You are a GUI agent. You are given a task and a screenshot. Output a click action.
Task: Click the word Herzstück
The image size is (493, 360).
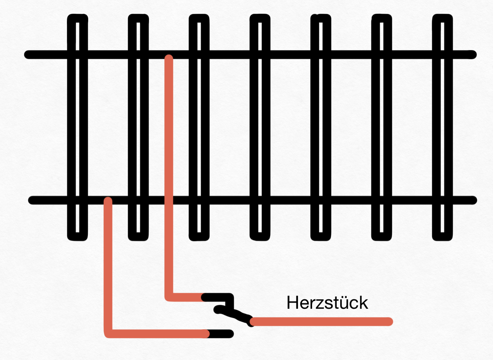coord(327,303)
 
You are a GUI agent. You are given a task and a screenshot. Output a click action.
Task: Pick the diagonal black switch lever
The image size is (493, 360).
coord(234,314)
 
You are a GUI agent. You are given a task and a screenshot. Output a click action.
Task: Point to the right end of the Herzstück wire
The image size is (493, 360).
coord(389,322)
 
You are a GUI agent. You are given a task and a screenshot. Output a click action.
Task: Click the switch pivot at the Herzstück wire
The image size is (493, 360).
coord(251,322)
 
